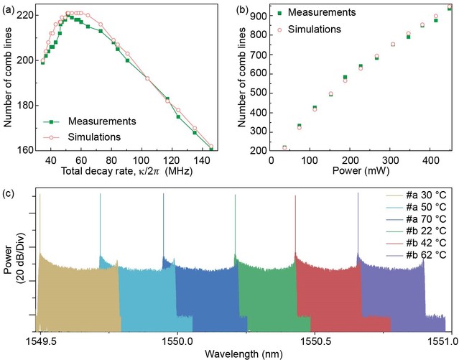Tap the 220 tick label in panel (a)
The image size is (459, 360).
[x=23, y=15]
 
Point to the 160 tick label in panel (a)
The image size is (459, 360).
[x=23, y=150]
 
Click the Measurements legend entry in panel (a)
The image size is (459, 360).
[x=101, y=120]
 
